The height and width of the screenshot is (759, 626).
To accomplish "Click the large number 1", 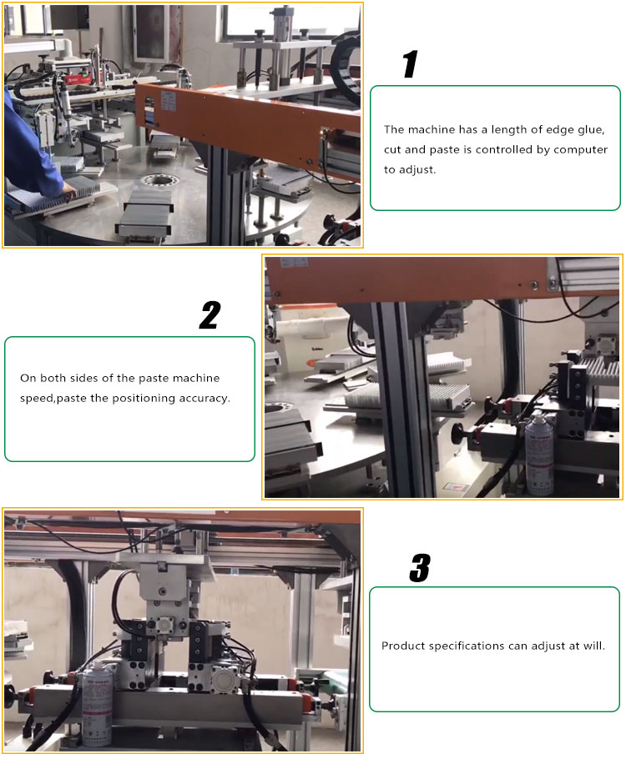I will pyautogui.click(x=409, y=64).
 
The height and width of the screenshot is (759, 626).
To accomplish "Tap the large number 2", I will pyautogui.click(x=210, y=315).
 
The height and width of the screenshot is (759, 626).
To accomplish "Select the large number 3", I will pyautogui.click(x=419, y=568).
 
